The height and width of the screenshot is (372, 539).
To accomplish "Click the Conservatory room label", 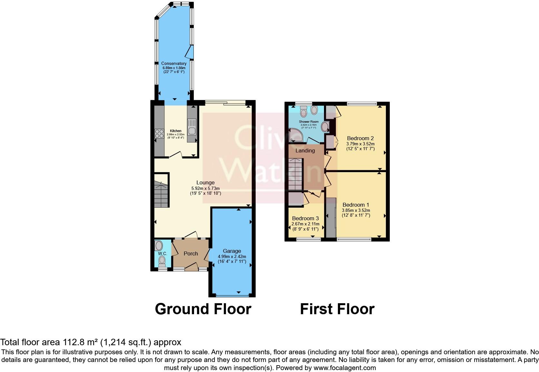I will [x=174, y=64].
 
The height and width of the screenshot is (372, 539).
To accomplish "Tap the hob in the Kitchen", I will [x=159, y=133].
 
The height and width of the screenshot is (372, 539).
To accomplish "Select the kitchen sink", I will [x=192, y=127].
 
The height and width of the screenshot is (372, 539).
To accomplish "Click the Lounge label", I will [x=205, y=183].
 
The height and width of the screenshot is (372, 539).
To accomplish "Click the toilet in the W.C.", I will [x=162, y=260].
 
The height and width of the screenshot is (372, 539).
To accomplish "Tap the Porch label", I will [x=191, y=254].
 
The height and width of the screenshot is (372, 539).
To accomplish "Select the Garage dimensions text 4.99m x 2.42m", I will [x=232, y=256].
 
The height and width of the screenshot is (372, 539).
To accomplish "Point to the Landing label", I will [x=305, y=151].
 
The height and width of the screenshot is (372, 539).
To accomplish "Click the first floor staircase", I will [x=296, y=174].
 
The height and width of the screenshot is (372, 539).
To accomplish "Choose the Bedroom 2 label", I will [x=360, y=139].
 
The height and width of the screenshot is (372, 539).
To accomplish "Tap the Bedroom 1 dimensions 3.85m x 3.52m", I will [x=356, y=210].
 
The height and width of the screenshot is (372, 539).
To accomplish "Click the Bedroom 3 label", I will [x=305, y=219].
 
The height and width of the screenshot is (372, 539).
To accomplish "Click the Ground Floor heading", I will [x=203, y=309].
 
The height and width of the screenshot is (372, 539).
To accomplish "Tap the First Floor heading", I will [x=337, y=309].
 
